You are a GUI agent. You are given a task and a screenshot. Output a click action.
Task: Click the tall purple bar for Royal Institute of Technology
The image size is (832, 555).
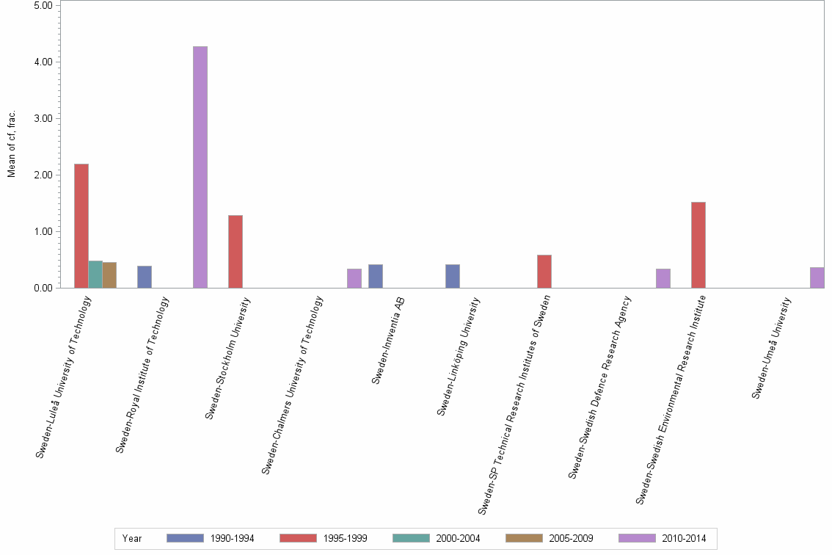200,167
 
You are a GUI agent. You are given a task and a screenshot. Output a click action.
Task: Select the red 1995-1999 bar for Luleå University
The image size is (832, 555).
81,226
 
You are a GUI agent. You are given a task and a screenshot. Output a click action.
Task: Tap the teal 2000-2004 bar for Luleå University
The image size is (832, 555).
95,275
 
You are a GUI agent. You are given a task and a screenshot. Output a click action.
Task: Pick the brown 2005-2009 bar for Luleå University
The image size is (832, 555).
109,275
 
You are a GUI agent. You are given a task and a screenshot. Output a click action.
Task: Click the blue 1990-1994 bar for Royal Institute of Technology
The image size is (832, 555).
145,277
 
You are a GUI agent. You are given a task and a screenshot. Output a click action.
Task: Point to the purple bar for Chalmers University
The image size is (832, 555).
354,278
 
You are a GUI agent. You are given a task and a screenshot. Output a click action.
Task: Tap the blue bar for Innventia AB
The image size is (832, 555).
376,276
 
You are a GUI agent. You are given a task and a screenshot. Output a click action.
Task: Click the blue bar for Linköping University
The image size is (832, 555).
453,276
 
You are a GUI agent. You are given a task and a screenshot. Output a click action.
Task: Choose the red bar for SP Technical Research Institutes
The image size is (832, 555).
544,272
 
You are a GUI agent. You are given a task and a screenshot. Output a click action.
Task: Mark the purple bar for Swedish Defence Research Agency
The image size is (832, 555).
663,278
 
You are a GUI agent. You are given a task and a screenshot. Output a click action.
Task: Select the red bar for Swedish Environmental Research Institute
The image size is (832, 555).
698,245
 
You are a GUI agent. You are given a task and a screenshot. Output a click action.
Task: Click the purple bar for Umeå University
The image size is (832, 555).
817,277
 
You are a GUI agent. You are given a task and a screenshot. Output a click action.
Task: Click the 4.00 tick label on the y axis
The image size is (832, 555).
42,62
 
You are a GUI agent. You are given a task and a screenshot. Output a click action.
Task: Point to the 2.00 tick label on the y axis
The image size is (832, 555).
42,175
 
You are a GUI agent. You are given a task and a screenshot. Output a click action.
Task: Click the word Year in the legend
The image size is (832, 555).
133,538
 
